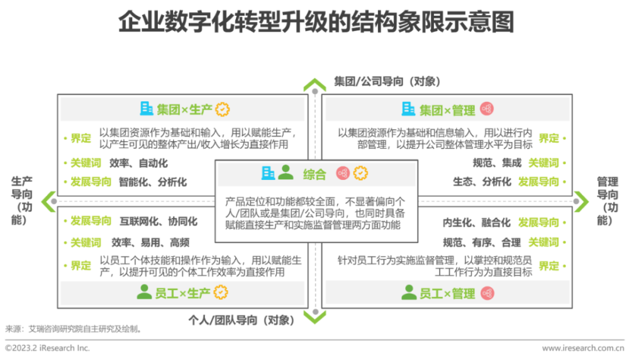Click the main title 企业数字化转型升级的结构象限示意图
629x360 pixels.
pos(316,21)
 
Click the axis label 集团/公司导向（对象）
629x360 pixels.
pos(387,81)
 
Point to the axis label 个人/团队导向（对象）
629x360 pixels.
pos(242,320)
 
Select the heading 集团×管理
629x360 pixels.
pos(447,110)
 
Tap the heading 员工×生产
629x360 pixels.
pos(182,293)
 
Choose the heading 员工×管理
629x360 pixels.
pos(447,293)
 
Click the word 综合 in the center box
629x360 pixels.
pos(314,174)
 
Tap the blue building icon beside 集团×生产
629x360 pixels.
pos(147,109)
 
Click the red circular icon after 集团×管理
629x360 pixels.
pos(487,109)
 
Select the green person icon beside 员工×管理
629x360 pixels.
pos(409,292)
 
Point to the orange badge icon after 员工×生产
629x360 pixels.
pos(221,292)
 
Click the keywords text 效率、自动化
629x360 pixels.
pos(138,163)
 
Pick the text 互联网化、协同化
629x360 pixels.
pos(159,221)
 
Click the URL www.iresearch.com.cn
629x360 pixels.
pos(583,348)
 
